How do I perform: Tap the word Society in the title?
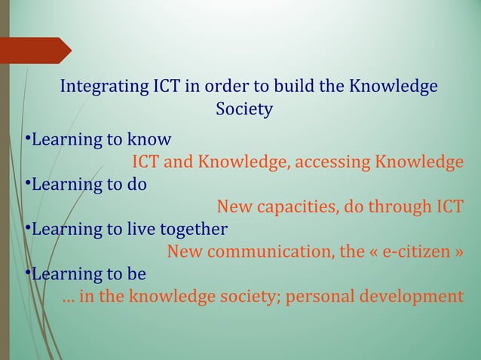tap(244, 110)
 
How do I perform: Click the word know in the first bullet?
tap(149, 140)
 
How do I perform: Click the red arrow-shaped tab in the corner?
tap(35, 50)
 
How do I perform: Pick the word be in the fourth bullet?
tap(136, 273)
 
